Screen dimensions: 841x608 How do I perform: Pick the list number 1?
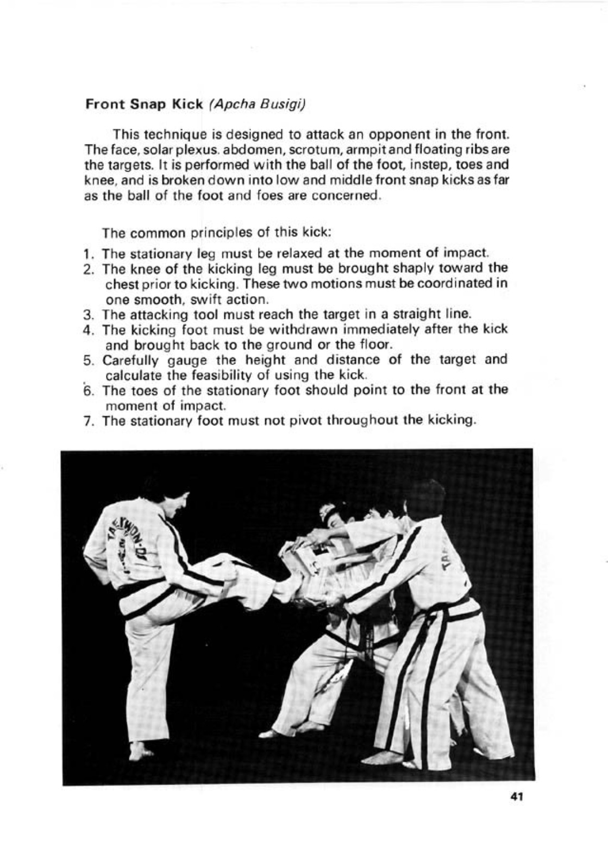point(88,254)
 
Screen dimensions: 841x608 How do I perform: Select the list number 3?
point(88,315)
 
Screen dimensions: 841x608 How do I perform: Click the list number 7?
point(88,421)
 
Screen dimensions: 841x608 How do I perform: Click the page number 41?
point(516,797)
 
